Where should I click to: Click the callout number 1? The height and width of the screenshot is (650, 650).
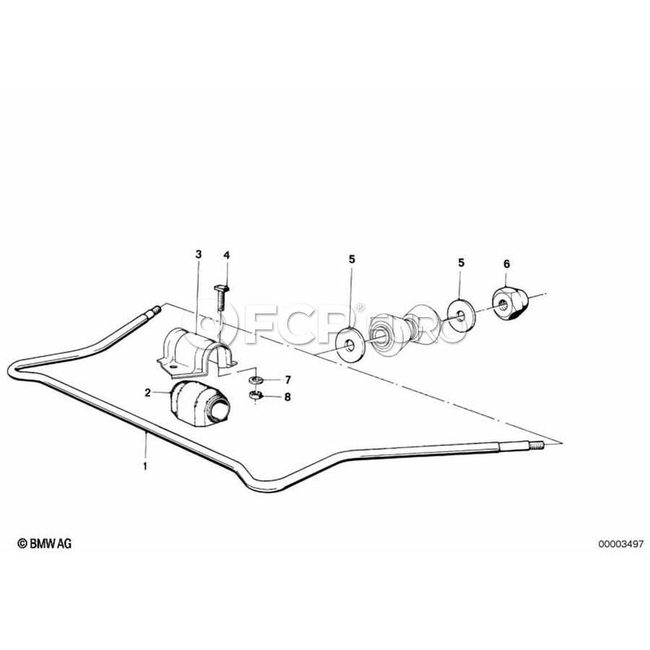145,466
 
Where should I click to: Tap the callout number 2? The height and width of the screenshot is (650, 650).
147,393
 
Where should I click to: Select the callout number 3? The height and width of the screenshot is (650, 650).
199,254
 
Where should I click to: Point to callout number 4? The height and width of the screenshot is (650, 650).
226,255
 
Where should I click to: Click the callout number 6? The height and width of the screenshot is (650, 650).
506,264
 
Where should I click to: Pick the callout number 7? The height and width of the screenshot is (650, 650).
287,380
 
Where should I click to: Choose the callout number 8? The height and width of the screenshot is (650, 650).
287,397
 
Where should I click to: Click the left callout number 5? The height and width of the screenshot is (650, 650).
352,259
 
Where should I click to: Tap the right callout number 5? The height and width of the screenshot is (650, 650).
461,263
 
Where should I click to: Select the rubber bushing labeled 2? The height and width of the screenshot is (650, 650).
199,402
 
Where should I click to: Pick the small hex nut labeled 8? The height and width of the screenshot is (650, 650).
254,396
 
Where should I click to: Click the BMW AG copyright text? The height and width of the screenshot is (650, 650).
44,543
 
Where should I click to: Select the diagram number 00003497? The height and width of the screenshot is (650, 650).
620,544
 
